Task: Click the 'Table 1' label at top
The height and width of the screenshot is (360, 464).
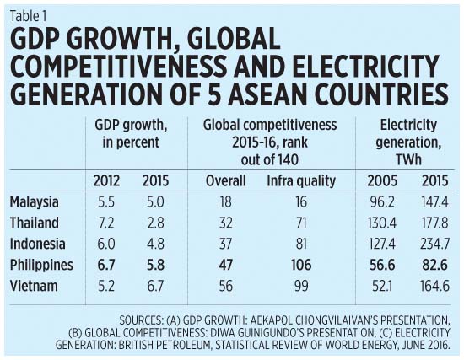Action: coord(29,16)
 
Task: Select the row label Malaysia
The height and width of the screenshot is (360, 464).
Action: coord(35,202)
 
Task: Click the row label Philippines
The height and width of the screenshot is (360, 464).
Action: coord(41,265)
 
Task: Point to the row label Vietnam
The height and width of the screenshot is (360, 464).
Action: coord(34,286)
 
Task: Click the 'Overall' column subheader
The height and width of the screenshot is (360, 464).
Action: coord(226,180)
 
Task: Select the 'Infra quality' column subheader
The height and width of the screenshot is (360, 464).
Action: coord(301,181)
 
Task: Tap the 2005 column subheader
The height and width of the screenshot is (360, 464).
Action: coord(382,180)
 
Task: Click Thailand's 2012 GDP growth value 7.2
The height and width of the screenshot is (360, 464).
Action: coord(106,223)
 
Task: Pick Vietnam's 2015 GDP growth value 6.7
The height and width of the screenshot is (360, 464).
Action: coord(156,286)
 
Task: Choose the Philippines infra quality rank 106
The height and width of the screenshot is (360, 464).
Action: coord(301,265)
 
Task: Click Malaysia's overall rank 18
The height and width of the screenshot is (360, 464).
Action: coord(226,202)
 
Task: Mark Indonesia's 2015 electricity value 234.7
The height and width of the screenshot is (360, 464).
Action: coord(434,244)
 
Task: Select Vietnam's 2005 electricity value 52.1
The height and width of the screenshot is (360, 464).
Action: coord(382,286)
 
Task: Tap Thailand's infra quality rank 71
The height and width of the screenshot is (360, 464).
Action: coord(301,223)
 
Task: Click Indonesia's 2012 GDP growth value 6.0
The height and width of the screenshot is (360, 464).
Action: coord(106,244)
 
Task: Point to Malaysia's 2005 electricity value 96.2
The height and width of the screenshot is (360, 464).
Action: coord(382,202)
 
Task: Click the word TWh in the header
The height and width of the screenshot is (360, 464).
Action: coord(408,160)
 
